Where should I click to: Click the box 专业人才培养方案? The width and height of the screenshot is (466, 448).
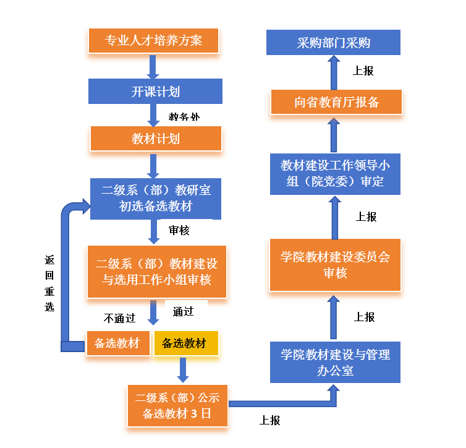coord(154,41)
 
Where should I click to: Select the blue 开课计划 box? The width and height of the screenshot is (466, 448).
coord(155,92)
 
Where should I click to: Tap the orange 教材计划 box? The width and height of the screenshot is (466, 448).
coord(155,139)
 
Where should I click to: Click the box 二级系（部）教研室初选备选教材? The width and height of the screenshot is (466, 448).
coord(155,198)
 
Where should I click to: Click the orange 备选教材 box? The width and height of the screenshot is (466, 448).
coord(118,343)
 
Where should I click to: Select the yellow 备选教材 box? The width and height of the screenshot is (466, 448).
coord(185,343)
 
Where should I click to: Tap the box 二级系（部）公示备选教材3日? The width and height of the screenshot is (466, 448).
coord(177,406)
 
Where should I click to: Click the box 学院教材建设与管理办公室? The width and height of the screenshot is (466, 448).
coord(335,363)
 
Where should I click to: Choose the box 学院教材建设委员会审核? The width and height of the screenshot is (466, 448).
coord(335,265)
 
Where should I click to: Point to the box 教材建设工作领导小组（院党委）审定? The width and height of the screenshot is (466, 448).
coord(335,173)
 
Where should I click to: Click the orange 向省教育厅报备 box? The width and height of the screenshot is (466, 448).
coord(336,102)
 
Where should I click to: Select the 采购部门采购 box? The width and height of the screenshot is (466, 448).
coord(334,43)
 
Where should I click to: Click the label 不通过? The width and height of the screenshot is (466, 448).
coord(119,319)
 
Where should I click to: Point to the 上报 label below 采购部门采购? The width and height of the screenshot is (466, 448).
coord(363,71)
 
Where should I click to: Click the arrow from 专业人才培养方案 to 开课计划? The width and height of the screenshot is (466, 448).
coord(153,66)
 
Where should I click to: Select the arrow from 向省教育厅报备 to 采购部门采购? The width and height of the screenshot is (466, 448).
coord(334,72)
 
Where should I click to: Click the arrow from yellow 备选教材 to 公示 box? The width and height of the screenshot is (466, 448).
coord(183,369)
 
